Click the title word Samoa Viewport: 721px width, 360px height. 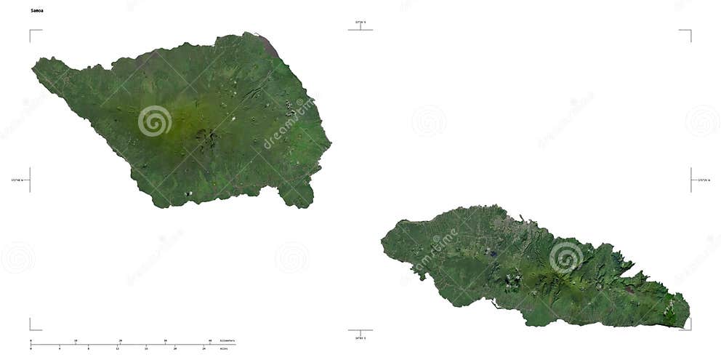[x=36, y=11]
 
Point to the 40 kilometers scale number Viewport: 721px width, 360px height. [x=210, y=340]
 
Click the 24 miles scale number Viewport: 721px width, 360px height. [x=204, y=348]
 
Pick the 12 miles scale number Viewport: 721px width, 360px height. [x=117, y=348]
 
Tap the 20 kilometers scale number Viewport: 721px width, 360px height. [x=121, y=340]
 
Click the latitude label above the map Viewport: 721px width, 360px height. [x=360, y=23]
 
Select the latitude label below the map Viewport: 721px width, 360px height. [x=360, y=337]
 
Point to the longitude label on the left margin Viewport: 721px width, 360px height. [x=17, y=180]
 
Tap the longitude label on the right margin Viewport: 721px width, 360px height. [x=704, y=180]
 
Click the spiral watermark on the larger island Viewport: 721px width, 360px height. [x=155, y=121]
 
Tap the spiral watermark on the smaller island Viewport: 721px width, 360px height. [x=565, y=257]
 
